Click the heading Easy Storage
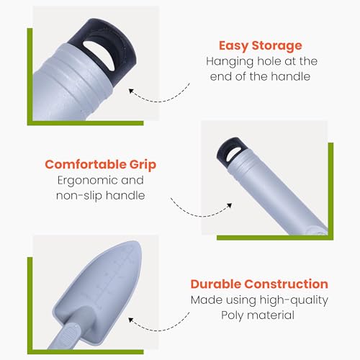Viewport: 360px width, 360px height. [261, 46]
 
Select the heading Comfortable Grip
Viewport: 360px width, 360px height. [101, 165]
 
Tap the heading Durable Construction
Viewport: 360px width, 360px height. [259, 284]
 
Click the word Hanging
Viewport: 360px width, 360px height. [230, 62]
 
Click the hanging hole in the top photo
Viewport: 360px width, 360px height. [99, 55]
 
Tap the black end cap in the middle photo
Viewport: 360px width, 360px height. [229, 149]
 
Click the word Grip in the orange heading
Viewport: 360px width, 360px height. [143, 165]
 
